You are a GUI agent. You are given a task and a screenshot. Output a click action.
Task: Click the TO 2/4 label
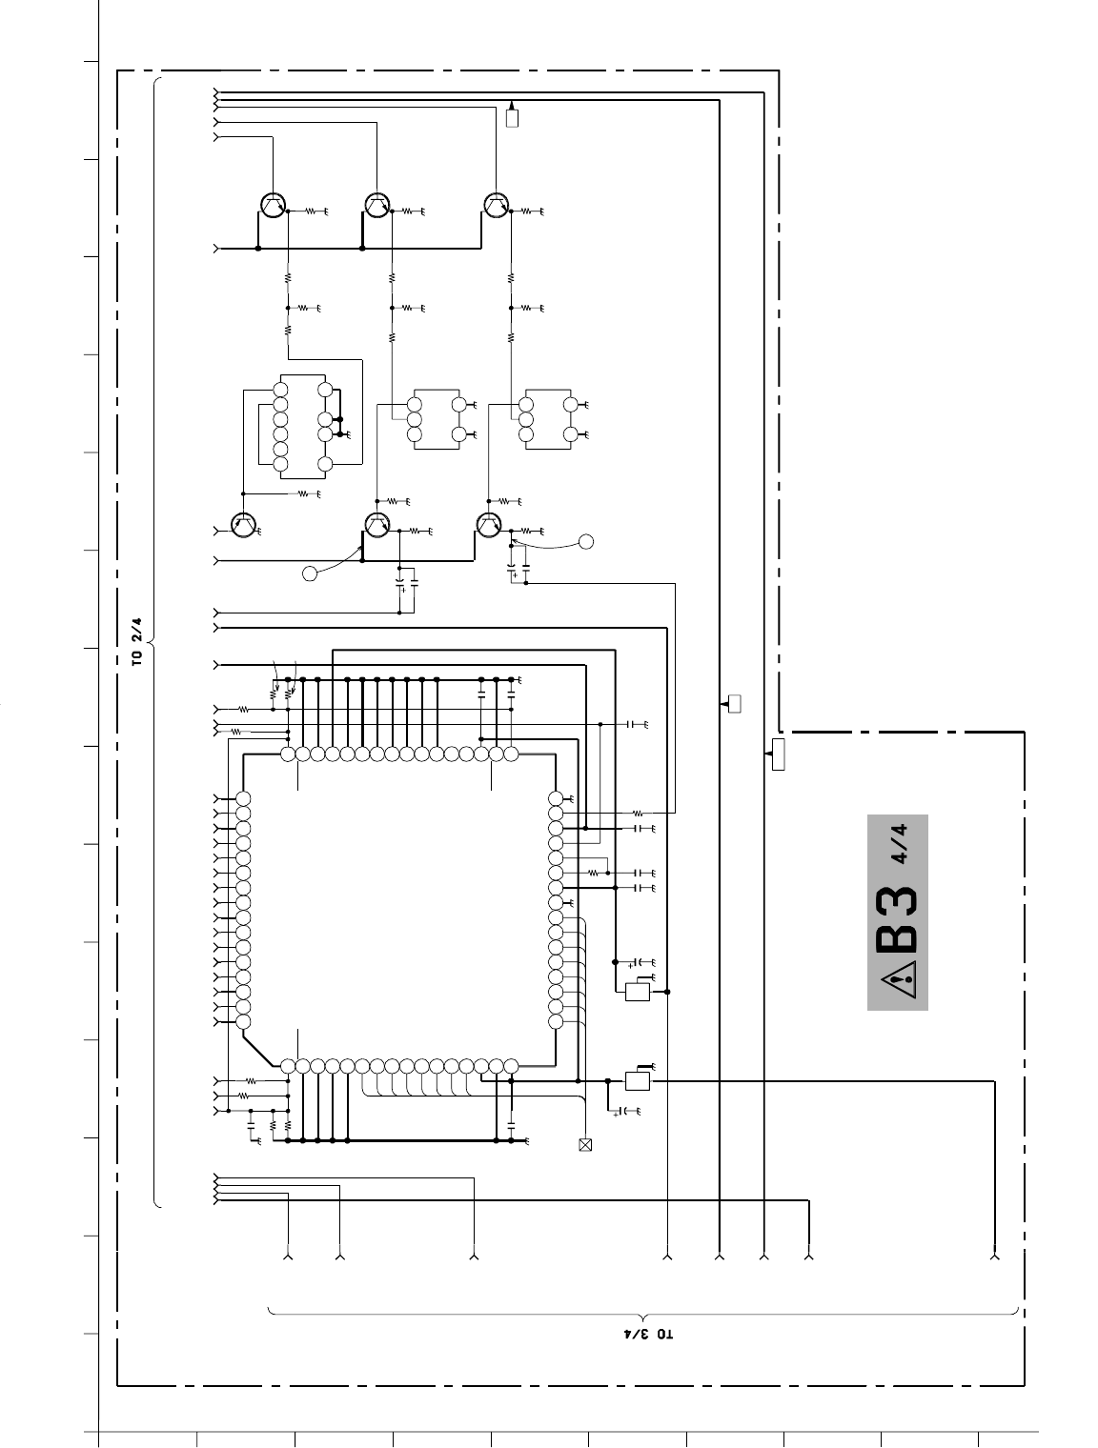(x=136, y=641)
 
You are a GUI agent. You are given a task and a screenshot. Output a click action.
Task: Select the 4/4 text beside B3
(x=900, y=844)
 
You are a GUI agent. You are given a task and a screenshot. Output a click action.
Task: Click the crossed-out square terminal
(x=584, y=1145)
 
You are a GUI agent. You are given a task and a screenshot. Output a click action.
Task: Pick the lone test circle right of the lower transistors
(x=585, y=542)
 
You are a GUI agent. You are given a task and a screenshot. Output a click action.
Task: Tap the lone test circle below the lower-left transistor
(x=310, y=573)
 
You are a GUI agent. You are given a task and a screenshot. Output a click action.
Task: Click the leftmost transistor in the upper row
(x=273, y=206)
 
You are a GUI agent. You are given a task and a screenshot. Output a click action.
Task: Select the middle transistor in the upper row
(x=377, y=206)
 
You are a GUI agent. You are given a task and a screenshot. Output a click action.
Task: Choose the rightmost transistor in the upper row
(x=497, y=206)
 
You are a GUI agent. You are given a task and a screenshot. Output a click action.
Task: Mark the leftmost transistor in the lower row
(x=243, y=525)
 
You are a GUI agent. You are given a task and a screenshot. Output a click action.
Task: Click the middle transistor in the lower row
(x=376, y=525)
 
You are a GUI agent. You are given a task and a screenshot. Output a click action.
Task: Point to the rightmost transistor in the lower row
(x=489, y=525)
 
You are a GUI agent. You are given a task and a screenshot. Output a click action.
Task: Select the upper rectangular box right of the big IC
(x=637, y=992)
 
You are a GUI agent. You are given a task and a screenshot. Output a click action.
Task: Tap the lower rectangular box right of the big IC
(x=637, y=1080)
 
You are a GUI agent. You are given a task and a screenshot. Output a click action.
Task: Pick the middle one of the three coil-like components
(x=437, y=419)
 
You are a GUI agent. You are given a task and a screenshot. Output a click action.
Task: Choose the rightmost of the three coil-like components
(x=548, y=419)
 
